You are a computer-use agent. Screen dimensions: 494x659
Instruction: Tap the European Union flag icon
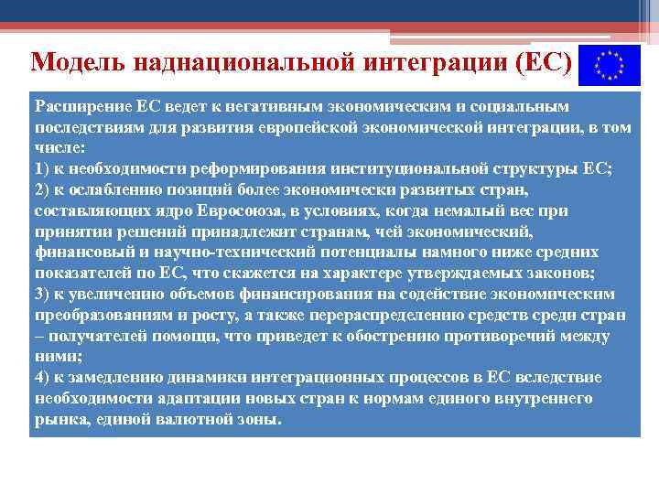click(x=607, y=65)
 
